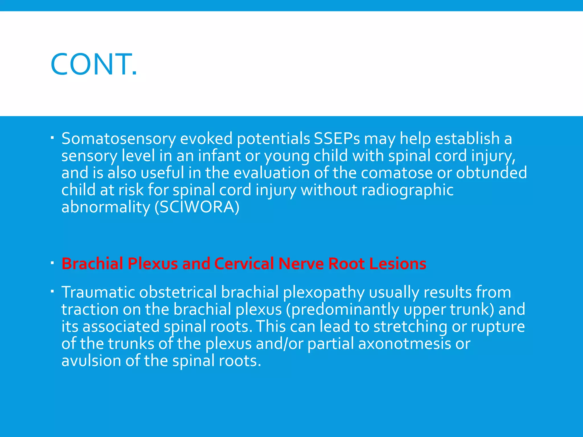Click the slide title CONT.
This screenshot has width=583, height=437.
[x=94, y=65]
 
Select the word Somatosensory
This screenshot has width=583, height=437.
[x=118, y=139]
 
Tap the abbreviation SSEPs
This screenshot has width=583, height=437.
[x=337, y=139]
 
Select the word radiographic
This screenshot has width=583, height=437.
[x=407, y=190]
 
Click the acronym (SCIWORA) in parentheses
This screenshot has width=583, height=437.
[x=197, y=207]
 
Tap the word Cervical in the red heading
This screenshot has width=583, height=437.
[x=244, y=263]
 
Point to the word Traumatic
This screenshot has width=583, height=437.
[x=98, y=292]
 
